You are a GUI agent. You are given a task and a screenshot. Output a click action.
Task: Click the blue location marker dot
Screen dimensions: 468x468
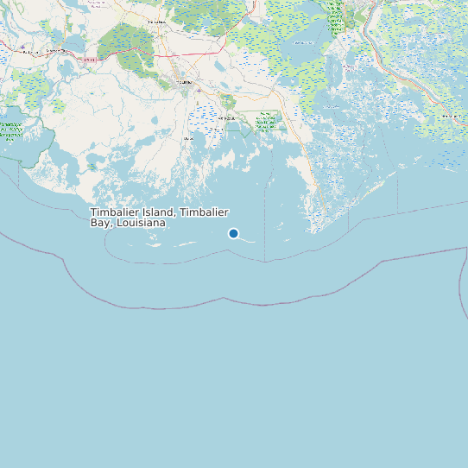point(233,233)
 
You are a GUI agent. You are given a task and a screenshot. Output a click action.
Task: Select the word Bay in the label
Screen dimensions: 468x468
point(101,223)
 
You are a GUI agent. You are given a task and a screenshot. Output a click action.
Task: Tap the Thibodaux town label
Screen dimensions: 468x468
point(156,21)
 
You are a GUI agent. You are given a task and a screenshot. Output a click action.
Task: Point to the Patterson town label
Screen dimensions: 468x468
point(32,53)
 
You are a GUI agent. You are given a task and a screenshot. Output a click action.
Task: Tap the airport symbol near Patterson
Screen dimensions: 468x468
point(22,47)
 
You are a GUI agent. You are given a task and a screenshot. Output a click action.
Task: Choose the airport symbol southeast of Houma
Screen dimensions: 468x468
point(199,90)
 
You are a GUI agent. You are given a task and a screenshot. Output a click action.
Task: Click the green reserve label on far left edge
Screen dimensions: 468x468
point(10,131)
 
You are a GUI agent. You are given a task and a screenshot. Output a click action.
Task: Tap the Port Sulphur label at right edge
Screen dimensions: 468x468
point(451,115)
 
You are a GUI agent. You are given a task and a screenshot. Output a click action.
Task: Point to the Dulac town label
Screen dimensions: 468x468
point(187,138)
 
